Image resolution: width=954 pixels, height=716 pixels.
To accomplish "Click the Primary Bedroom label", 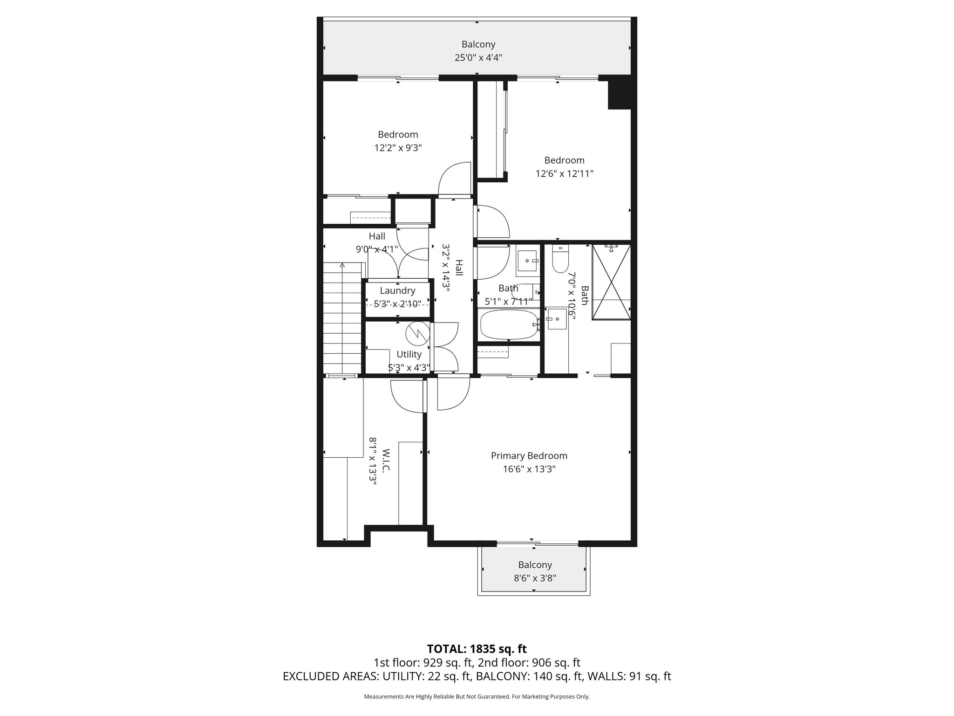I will tap(529, 456).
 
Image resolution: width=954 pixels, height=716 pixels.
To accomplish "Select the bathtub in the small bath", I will tap(508, 325).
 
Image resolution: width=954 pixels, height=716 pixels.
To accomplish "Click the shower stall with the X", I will tap(611, 282).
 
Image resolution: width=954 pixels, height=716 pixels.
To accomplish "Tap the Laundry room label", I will tap(397, 291).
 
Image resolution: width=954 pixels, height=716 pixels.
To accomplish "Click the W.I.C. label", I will tap(385, 461).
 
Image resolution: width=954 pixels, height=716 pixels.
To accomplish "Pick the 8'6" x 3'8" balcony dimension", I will tap(535, 578).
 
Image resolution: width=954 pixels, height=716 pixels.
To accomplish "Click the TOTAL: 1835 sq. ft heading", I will tap(477, 649).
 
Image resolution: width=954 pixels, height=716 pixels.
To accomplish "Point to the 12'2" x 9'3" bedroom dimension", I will tap(398, 148).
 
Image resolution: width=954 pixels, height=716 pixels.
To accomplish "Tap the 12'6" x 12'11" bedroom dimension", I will tap(564, 174).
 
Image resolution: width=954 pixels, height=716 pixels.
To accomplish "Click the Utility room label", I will tap(409, 354).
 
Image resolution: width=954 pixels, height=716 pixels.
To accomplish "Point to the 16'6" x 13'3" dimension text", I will tap(529, 469).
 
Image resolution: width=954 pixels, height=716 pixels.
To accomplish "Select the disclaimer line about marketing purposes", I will tap(477, 697).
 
